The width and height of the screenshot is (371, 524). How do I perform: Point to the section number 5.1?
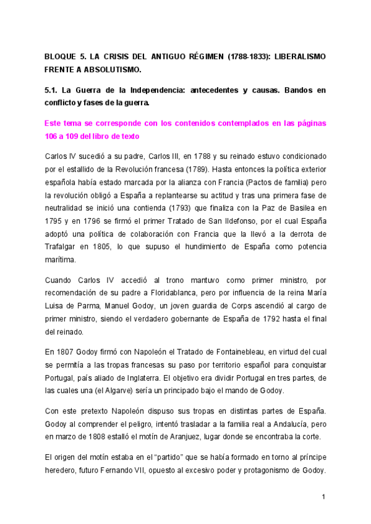(x=52, y=90)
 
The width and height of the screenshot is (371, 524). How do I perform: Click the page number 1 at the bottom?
(x=323, y=497)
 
